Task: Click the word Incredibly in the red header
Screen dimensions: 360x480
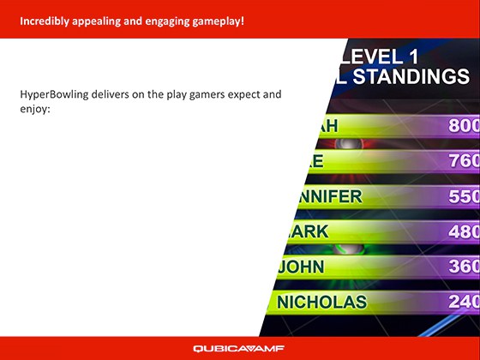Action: (42, 19)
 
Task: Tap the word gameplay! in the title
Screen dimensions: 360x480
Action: (217, 19)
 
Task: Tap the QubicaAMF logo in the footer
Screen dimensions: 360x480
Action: (239, 348)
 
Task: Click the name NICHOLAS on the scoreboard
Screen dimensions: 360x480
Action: (321, 302)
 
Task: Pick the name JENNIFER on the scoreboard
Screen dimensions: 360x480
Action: (324, 196)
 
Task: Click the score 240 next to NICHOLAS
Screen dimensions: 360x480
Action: (464, 302)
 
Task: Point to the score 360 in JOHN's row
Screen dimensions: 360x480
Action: (464, 267)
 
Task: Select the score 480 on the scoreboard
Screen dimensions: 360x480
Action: (464, 231)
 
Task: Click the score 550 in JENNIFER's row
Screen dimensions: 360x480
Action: (464, 196)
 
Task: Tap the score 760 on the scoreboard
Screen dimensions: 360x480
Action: (464, 161)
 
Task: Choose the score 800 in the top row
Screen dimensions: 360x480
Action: (464, 126)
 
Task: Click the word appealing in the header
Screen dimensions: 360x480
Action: (102, 19)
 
